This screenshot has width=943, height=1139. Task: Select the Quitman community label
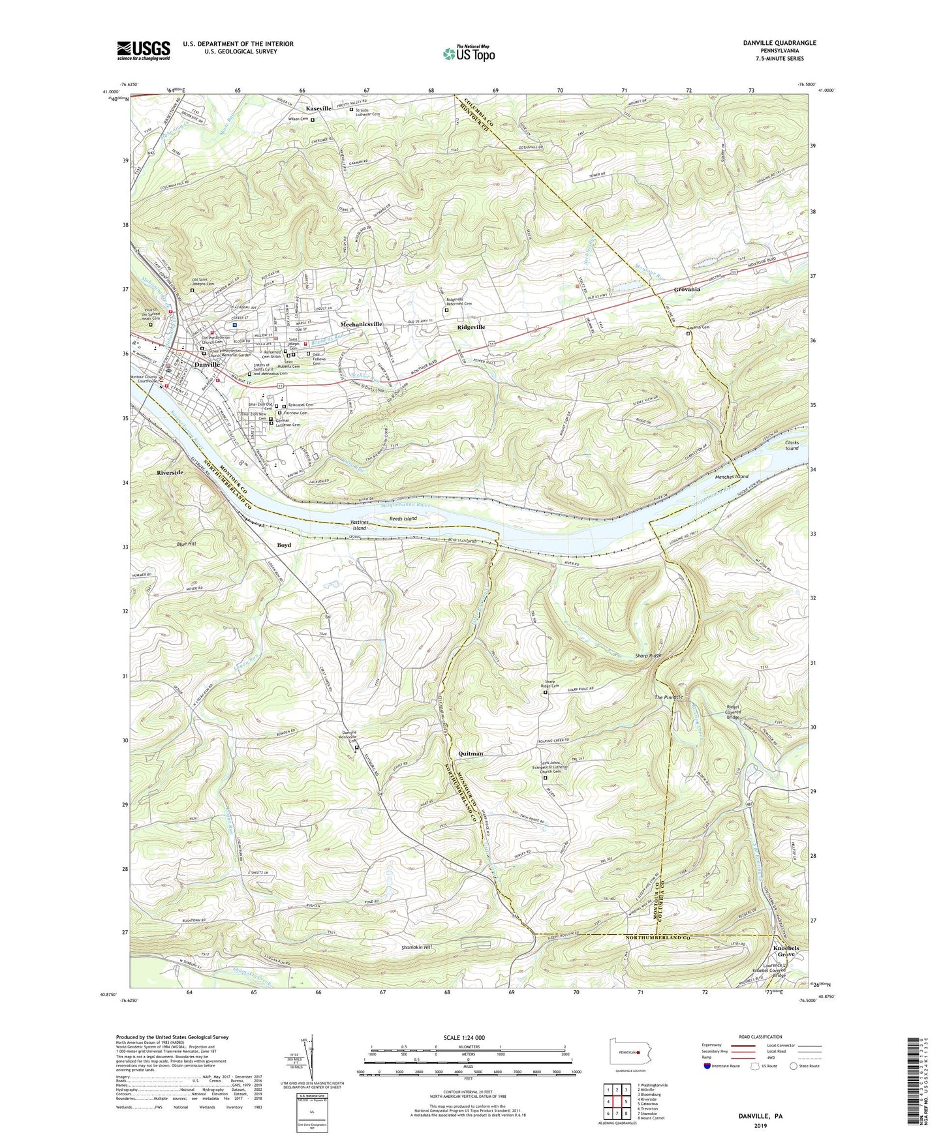point(471,753)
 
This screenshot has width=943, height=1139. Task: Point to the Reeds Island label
point(403,519)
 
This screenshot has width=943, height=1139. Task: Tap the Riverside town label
point(170,472)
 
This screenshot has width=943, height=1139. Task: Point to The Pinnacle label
point(669,697)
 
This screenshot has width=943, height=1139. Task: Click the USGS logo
point(144,50)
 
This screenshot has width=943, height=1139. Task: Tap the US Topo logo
point(468,53)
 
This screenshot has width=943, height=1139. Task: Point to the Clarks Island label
point(792,446)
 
